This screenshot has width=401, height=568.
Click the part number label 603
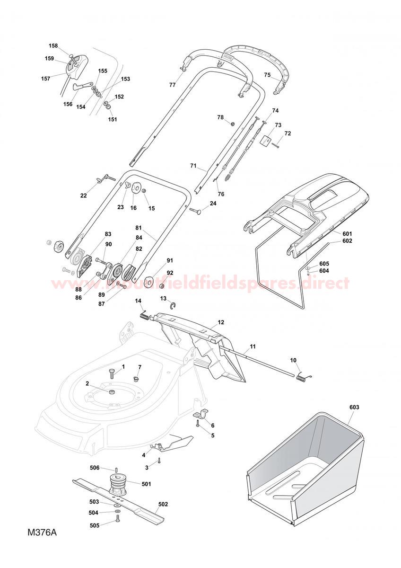pyautogui.click(x=354, y=407)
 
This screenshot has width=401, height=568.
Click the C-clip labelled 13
pyautogui.click(x=174, y=306)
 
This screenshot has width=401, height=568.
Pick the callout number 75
pyautogui.click(x=267, y=75)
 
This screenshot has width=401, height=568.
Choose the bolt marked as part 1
pyautogui.click(x=112, y=373)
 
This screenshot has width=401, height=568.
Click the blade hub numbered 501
pyautogui.click(x=118, y=485)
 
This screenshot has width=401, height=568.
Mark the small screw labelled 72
pyautogui.click(x=276, y=145)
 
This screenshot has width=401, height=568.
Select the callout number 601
pyautogui.click(x=347, y=233)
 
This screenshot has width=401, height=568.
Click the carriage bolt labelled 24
pyautogui.click(x=195, y=210)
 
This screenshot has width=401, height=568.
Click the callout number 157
pyautogui.click(x=45, y=79)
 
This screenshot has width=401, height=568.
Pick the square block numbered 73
pyautogui.click(x=264, y=140)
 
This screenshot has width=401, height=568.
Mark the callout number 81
pyautogui.click(x=139, y=228)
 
